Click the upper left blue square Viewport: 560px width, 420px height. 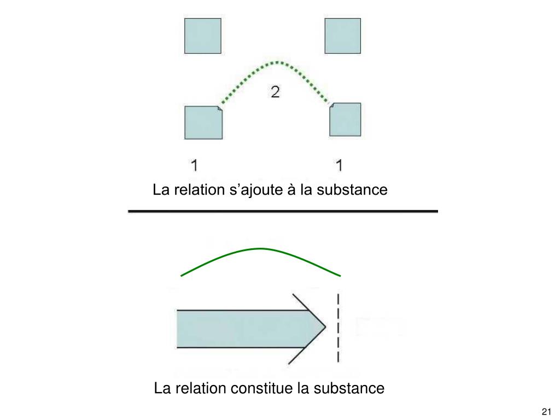(203, 36)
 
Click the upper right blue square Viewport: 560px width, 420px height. (343, 36)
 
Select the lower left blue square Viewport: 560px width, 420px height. (203, 122)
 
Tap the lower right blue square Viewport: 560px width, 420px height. (345, 119)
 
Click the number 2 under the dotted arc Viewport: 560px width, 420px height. (275, 92)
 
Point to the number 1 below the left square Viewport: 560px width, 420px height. (195, 165)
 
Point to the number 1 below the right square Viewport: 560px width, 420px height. (340, 165)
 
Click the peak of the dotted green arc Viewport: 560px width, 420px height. (278, 62)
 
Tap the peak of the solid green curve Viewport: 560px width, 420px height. (259, 249)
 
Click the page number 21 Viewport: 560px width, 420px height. (545, 411)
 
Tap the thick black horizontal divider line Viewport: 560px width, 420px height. (283, 211)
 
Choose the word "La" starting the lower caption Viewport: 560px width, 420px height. (162, 389)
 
